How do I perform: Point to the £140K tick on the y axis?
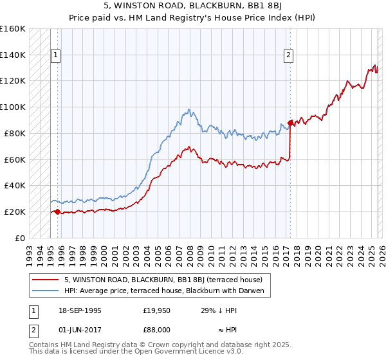pos(12,55)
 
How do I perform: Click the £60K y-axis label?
pos(14,159)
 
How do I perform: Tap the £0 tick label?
pos(20,238)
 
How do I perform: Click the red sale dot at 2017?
pos(290,122)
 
